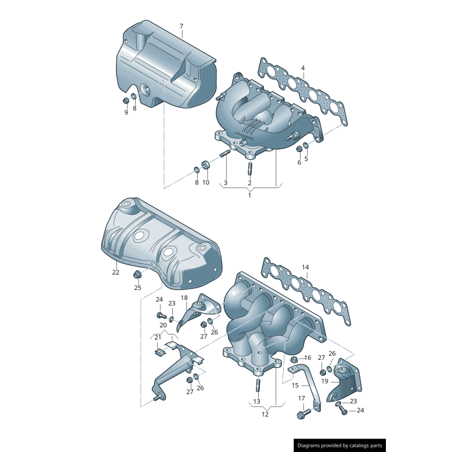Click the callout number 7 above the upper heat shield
click(x=181, y=27)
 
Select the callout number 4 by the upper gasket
click(x=303, y=68)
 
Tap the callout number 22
click(x=115, y=272)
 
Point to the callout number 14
click(x=305, y=267)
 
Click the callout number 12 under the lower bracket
click(x=265, y=414)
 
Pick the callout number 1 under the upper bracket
click(x=249, y=195)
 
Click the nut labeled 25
click(x=137, y=275)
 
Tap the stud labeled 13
click(x=257, y=386)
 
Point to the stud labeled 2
click(x=249, y=168)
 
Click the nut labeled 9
click(x=125, y=101)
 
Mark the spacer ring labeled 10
click(x=206, y=165)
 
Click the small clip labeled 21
click(x=159, y=354)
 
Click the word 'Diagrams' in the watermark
click(x=314, y=446)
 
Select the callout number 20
click(x=163, y=325)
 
